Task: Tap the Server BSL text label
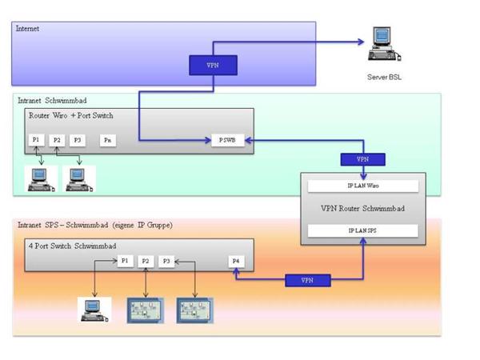click(x=381, y=78)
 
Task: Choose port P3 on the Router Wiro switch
click(x=77, y=140)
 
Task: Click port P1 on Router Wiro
click(x=37, y=140)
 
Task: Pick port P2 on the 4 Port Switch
click(x=146, y=262)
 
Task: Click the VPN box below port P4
click(x=306, y=280)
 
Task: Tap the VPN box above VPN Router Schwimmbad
click(x=364, y=159)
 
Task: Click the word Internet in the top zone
click(x=28, y=29)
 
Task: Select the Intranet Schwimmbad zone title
click(x=52, y=102)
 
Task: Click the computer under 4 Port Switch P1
click(x=94, y=309)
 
